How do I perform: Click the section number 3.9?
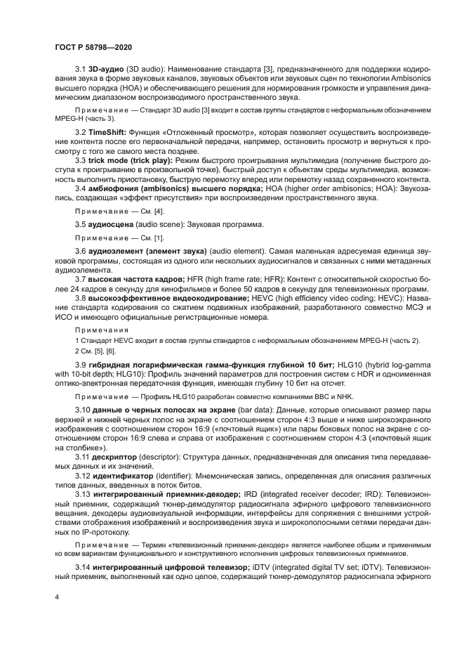[81, 364]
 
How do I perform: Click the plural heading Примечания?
[101, 329]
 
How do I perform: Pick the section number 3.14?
[82, 566]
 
